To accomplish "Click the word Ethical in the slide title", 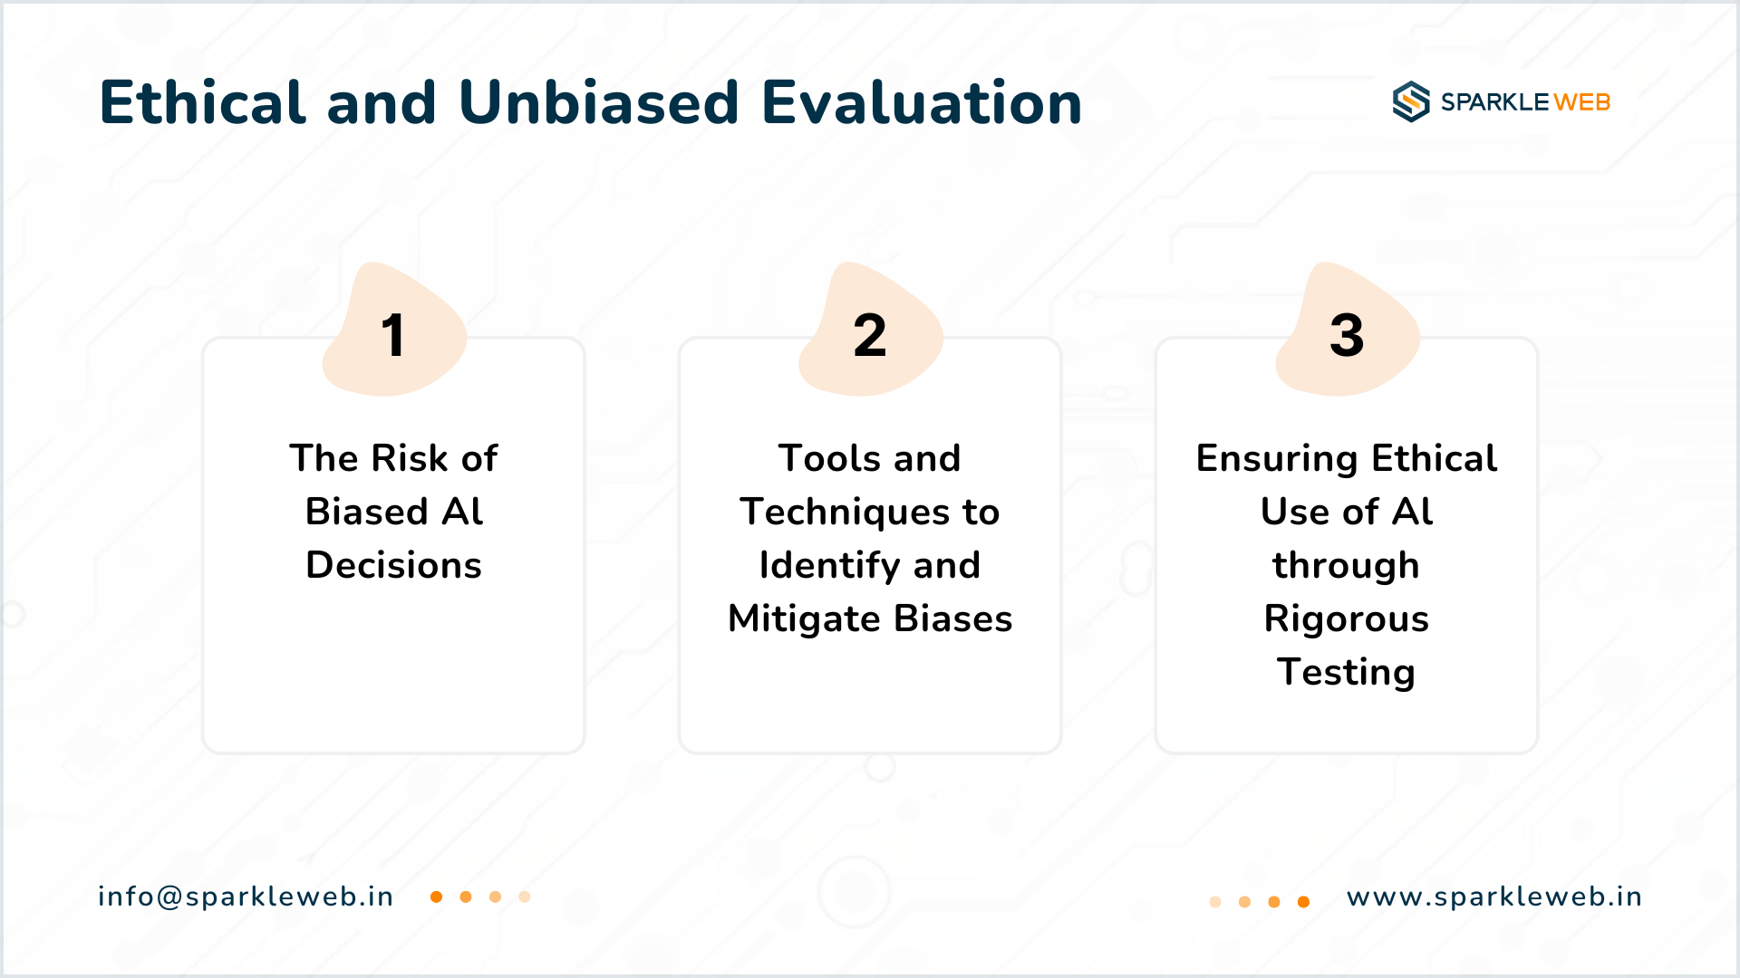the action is click(x=202, y=101).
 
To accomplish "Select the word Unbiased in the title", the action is click(x=599, y=101).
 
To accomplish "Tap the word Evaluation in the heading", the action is click(x=922, y=101).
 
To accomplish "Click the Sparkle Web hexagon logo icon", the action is click(x=1411, y=101).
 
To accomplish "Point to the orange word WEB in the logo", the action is click(x=1582, y=102).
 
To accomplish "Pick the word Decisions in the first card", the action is click(x=394, y=565).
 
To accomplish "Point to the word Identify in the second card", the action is click(x=829, y=566).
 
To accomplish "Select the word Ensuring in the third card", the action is click(x=1277, y=459).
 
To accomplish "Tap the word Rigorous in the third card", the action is click(x=1347, y=619).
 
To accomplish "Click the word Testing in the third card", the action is click(x=1347, y=673).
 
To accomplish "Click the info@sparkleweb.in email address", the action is click(x=246, y=896).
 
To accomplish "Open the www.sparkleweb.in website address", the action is click(x=1494, y=896).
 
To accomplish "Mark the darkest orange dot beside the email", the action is click(x=436, y=896).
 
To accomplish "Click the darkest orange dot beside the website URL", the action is click(x=1303, y=902).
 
